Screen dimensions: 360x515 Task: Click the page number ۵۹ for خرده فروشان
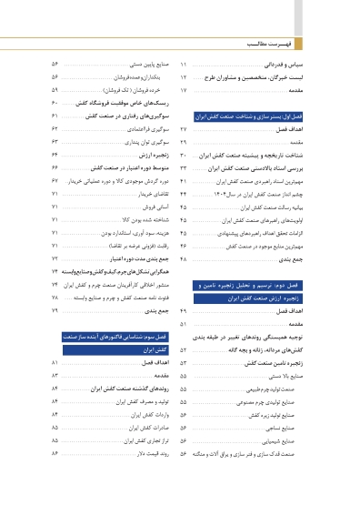tap(55, 91)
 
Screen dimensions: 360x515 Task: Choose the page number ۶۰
tap(55, 104)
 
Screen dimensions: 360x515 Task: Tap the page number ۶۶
tap(55, 168)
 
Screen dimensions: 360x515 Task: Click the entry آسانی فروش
tap(158, 207)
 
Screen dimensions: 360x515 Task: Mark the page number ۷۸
tap(55, 298)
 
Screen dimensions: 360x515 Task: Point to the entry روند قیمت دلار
tap(151, 452)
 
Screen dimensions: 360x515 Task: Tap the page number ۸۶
tap(55, 452)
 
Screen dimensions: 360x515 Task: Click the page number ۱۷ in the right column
tap(184, 91)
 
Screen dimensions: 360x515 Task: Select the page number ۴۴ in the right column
tap(184, 195)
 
